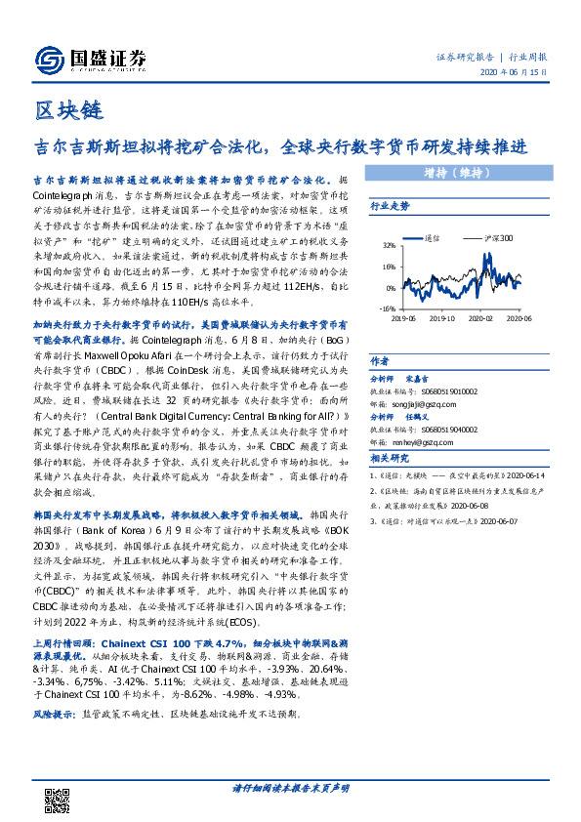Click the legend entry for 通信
(x=428, y=237)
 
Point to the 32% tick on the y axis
(x=389, y=246)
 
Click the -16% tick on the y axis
(x=387, y=308)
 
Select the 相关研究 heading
(x=388, y=458)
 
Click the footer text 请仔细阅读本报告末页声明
(x=290, y=787)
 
